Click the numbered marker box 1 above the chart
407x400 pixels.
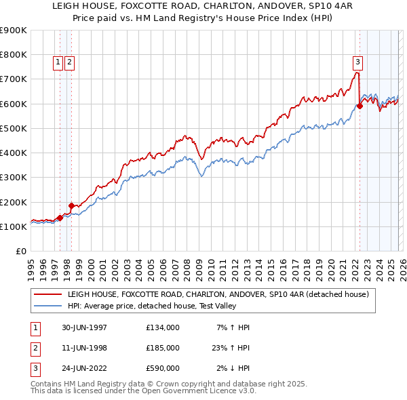(x=58, y=62)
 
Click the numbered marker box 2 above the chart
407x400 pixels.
(x=70, y=62)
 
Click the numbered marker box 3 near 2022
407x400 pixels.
(x=357, y=62)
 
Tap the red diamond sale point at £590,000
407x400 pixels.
(x=360, y=106)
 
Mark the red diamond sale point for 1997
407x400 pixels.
(x=60, y=218)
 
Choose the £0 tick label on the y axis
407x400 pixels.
(x=20, y=252)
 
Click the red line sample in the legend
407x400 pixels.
(x=47, y=294)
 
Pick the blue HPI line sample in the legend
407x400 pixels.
(x=47, y=306)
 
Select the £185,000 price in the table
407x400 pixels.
(x=163, y=348)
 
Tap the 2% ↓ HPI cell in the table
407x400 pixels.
(x=233, y=368)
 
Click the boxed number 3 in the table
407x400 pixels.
(x=35, y=368)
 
